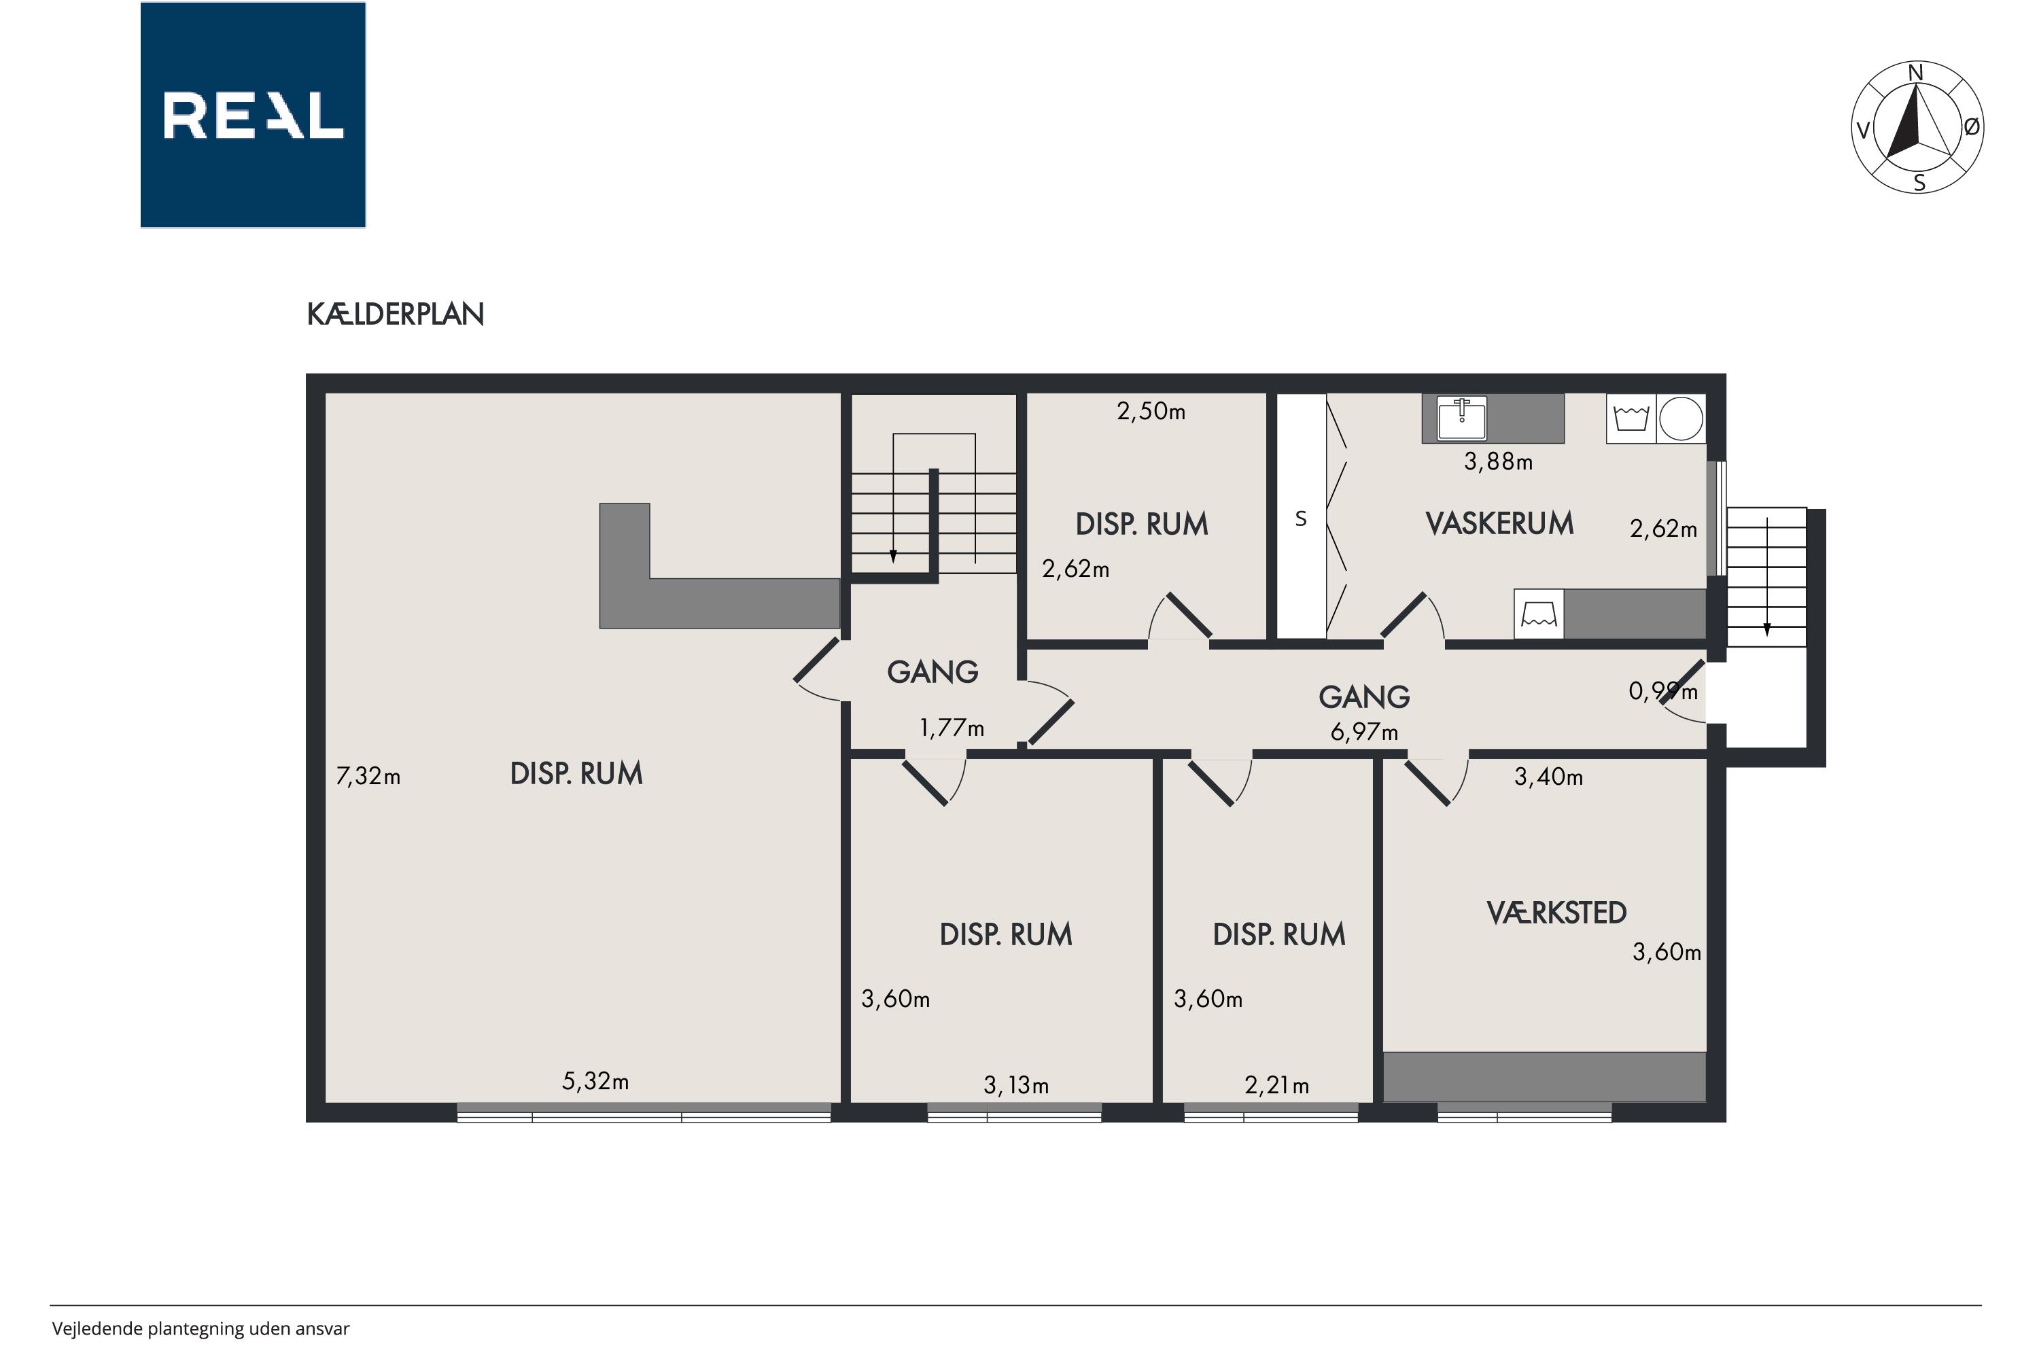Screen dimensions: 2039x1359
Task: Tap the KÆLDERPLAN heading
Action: tap(396, 314)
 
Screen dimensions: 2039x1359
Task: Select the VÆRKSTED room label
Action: tap(1556, 913)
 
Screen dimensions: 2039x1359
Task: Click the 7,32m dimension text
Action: tap(368, 776)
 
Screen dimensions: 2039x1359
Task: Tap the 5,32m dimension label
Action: tap(595, 1081)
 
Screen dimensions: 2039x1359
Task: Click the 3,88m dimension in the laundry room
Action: tap(1498, 462)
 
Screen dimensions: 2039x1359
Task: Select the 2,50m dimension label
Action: tap(1151, 411)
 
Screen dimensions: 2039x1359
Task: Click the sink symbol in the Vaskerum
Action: tap(1462, 418)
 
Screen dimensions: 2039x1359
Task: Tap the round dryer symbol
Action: tap(1681, 419)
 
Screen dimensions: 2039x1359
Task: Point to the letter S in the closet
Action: tap(1300, 519)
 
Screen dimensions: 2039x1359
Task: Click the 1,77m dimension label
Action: tap(952, 728)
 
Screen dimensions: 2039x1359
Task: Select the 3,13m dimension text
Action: tap(1016, 1085)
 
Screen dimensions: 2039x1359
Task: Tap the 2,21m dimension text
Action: tap(1277, 1085)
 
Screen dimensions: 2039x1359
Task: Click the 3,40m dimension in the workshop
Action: tap(1548, 777)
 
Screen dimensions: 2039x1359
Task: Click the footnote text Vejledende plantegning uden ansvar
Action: tap(201, 1328)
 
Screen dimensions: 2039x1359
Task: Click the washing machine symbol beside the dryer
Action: tap(1632, 419)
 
